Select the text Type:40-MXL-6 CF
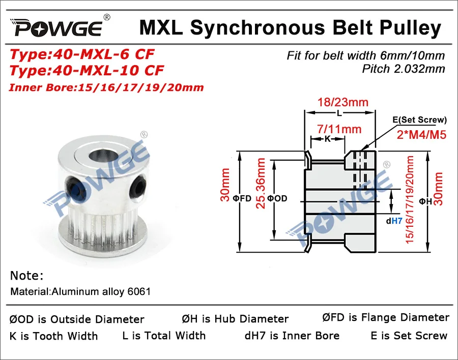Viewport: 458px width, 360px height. (82, 54)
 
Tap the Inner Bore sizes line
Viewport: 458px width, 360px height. (106, 87)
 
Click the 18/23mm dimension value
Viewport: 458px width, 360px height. (340, 102)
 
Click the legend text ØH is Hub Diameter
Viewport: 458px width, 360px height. (235, 319)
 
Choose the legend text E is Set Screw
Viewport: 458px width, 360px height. (409, 336)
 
